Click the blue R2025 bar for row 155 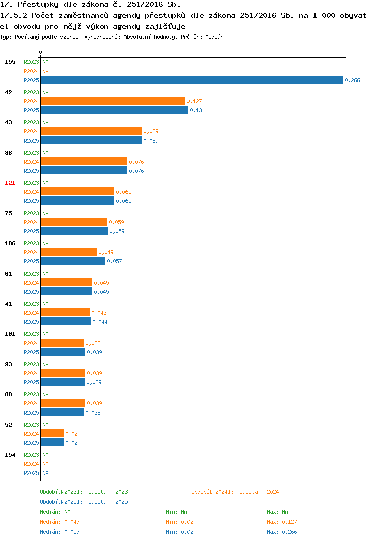click(192, 80)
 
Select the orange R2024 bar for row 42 click(113, 101)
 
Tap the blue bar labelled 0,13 click(114, 110)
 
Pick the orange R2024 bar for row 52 click(52, 433)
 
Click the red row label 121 click(10, 183)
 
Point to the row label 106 click(10, 243)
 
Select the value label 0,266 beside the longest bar click(352, 80)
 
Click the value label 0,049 click(106, 252)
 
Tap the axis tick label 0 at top click(40, 52)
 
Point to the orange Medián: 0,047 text click(59, 522)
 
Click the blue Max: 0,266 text click(282, 532)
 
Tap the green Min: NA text click(176, 512)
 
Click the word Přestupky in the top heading click(38, 5)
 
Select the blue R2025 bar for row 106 click(73, 261)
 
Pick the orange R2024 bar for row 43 click(92, 131)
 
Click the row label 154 click(10, 455)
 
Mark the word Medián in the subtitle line click(214, 37)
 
